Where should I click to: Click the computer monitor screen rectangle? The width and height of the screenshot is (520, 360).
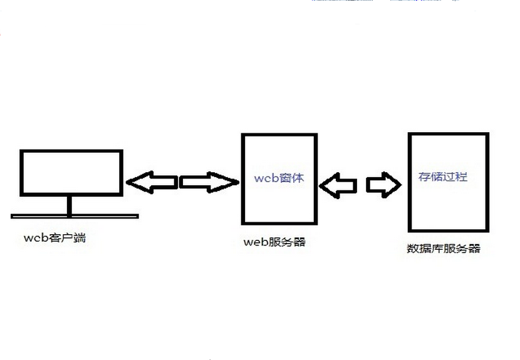(x=71, y=172)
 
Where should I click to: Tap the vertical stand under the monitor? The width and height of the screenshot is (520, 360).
(x=70, y=205)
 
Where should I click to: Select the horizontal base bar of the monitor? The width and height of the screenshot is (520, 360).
(x=75, y=217)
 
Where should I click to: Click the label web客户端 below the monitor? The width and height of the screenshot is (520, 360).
(x=55, y=239)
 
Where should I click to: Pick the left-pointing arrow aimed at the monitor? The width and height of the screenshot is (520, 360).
(x=151, y=182)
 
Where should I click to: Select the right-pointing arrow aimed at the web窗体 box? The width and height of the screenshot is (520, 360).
(x=209, y=182)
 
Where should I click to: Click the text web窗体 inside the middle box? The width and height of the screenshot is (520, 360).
(x=279, y=178)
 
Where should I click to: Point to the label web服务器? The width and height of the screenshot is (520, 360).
(x=274, y=242)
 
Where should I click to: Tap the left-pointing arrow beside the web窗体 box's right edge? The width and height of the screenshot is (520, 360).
(x=338, y=185)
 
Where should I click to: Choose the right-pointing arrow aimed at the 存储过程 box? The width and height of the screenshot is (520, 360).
(x=383, y=185)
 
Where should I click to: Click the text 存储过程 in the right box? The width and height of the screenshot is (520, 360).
(x=443, y=177)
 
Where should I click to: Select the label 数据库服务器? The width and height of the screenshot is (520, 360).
(x=443, y=248)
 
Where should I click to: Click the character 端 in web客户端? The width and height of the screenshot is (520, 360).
(x=79, y=239)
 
